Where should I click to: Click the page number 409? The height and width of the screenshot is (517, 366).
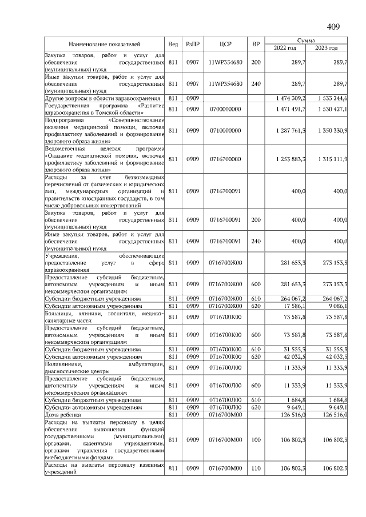coord(333,26)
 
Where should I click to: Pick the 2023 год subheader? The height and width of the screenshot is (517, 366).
coord(327,47)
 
